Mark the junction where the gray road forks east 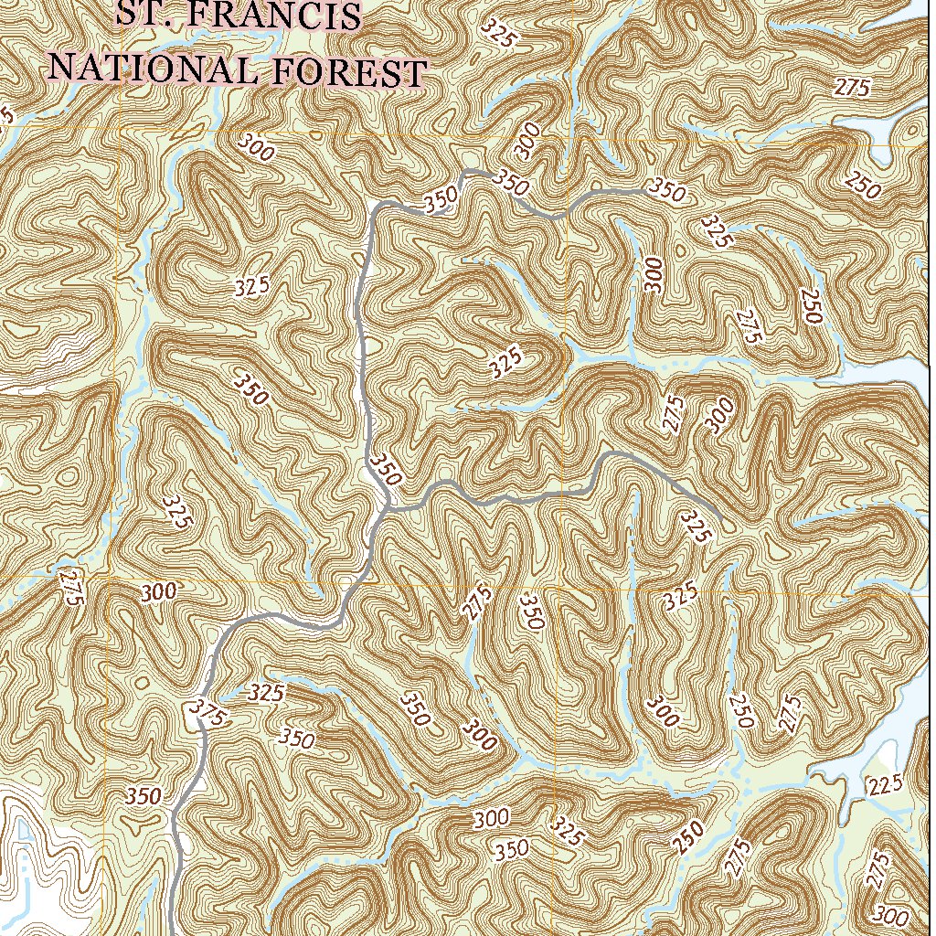tap(388, 505)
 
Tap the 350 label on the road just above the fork tap(387, 468)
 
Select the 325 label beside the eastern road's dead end tap(696, 527)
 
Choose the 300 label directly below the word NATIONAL tap(257, 147)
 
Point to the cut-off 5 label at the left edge tap(7, 115)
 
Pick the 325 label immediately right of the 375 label tap(266, 692)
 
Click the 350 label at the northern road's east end tap(667, 191)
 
